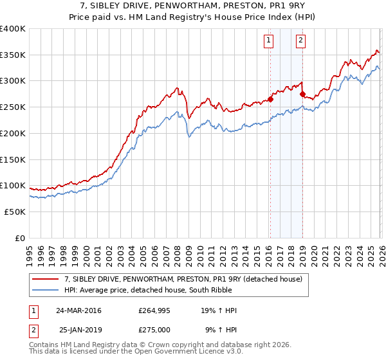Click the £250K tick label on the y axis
tap(12, 107)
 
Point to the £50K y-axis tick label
tap(14, 212)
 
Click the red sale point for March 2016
tap(271, 99)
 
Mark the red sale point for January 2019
tap(302, 94)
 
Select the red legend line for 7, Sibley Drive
tap(46, 278)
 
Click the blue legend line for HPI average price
tap(46, 290)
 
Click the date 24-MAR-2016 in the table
tap(78, 310)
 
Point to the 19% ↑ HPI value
tap(221, 310)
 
